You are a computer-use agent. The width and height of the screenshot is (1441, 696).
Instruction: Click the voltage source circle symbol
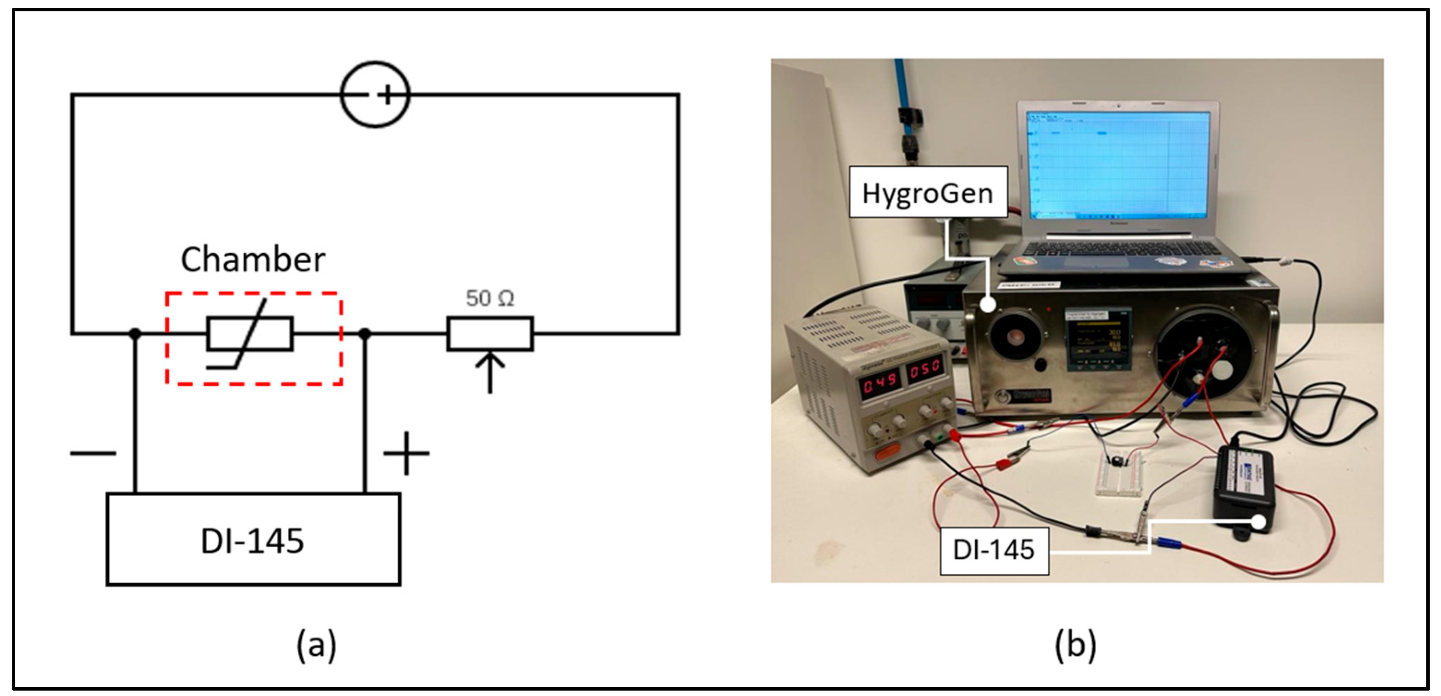[x=375, y=95]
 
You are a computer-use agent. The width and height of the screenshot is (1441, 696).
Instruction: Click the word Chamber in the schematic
[x=253, y=260]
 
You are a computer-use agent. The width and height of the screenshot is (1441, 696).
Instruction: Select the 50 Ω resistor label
[x=490, y=298]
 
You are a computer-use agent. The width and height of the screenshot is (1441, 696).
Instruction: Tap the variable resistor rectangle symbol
[x=490, y=334]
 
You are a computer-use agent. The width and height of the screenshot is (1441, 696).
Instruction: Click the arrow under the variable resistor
[x=490, y=372]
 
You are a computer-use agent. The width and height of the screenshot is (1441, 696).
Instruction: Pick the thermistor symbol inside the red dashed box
[x=250, y=335]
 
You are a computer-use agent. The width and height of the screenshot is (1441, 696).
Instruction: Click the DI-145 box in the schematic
[x=253, y=539]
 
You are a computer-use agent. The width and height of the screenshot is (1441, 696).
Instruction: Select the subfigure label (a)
[x=316, y=644]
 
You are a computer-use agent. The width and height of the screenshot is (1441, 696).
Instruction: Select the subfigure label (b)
[x=1075, y=644]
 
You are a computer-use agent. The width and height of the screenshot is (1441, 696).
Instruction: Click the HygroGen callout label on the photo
[x=928, y=192]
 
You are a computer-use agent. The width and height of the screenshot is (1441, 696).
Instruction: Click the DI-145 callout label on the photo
[x=994, y=549]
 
